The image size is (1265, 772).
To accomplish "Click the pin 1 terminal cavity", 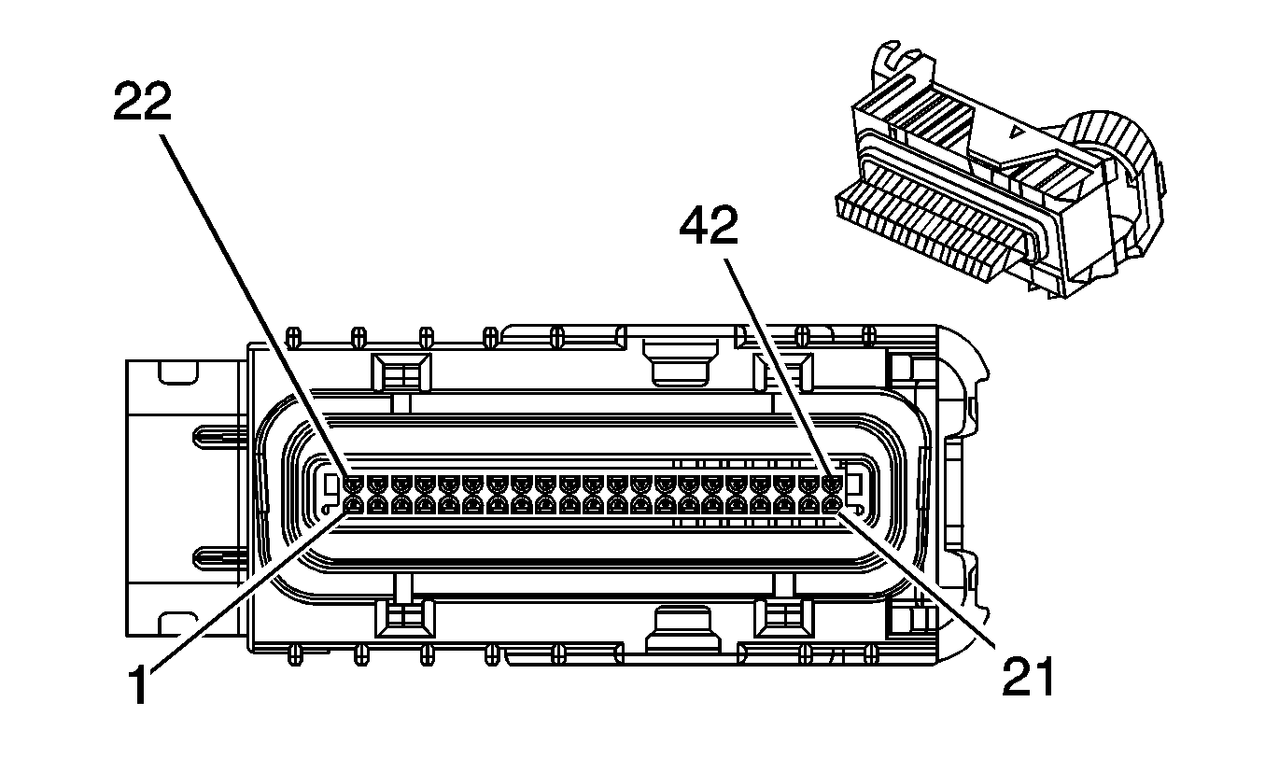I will (x=354, y=505).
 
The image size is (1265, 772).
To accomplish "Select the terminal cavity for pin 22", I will (x=354, y=484).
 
